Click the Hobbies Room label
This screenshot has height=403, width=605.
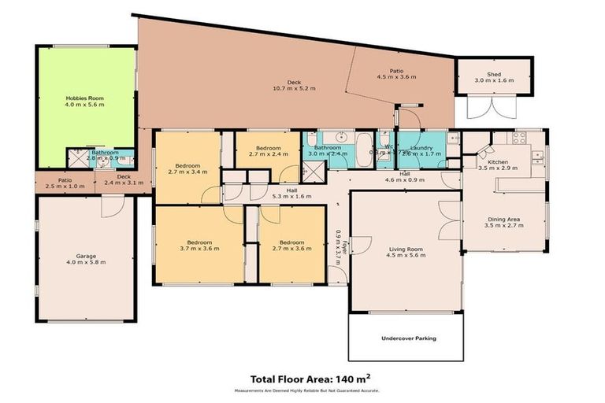84,98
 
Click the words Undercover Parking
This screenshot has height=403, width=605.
409,338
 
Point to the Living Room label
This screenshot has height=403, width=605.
406,250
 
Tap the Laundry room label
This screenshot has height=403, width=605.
418,147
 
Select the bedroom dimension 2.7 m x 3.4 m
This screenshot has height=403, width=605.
187,171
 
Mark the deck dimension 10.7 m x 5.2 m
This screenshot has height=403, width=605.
294,88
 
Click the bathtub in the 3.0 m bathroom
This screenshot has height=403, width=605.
365,150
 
